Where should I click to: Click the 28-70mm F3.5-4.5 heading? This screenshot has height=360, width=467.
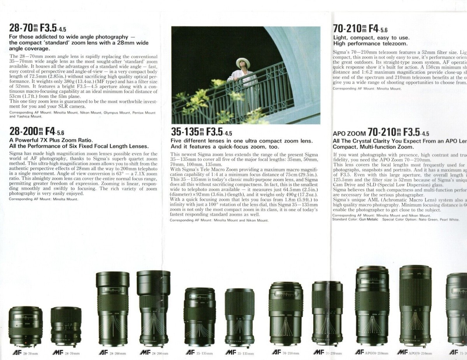(x=37, y=28)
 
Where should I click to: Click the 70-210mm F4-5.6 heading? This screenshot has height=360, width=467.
(x=360, y=29)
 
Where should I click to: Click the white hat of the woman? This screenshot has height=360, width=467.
(x=243, y=62)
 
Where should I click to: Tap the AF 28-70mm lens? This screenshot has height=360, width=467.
(x=25, y=326)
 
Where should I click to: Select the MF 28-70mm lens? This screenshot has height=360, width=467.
(x=66, y=327)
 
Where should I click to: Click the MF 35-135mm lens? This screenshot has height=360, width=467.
(x=239, y=317)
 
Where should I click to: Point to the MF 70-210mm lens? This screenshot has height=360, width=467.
(x=327, y=313)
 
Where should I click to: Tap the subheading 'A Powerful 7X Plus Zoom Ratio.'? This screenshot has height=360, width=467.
(x=51, y=140)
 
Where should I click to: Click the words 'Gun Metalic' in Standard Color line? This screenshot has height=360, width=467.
(x=368, y=219)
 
